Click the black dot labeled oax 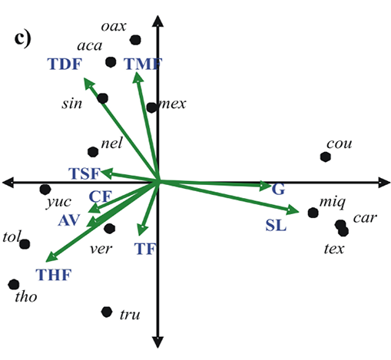pos(135,40)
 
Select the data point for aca pos(111,62)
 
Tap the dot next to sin pos(103,98)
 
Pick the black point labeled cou pos(326,157)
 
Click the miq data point pos(313,213)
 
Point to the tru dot pos(107,312)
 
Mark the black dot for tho pos(14,284)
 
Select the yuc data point pos(45,190)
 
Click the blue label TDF pos(65,64)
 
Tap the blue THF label pos(54,275)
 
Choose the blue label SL pos(276,226)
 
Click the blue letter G pos(278,190)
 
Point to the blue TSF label pos(84,173)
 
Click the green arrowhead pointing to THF pos(46,262)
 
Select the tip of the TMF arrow pos(138,73)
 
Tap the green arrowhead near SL pos(299,211)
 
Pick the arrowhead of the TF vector pos(141,235)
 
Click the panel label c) pos(22,39)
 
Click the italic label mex pos(173,104)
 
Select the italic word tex pos(334,249)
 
